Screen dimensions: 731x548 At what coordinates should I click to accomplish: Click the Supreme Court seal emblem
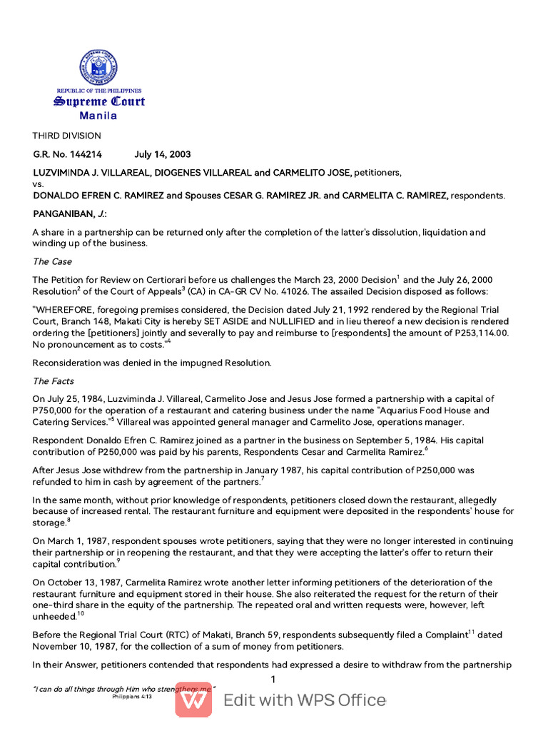pos(98,68)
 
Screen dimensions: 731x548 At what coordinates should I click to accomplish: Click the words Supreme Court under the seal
pos(98,101)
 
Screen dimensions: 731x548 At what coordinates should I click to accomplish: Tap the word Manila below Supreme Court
pos(98,116)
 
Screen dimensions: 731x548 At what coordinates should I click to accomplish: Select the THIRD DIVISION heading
pos(67,136)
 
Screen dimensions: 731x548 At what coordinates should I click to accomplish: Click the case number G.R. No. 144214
pos(68,154)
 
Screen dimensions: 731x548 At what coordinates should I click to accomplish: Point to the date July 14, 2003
pos(163,154)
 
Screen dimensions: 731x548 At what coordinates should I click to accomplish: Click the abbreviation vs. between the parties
pos(39,183)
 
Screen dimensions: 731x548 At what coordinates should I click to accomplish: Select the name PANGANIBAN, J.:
pos(70,213)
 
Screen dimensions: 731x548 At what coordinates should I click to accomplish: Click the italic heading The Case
pos(52,261)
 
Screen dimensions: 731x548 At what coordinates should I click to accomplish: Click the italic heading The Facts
pos(54,381)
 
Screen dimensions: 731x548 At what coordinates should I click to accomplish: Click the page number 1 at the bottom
pos(273,679)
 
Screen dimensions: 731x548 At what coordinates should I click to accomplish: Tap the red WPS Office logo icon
pos(193,699)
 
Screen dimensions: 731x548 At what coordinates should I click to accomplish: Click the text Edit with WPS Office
pos(305,700)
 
